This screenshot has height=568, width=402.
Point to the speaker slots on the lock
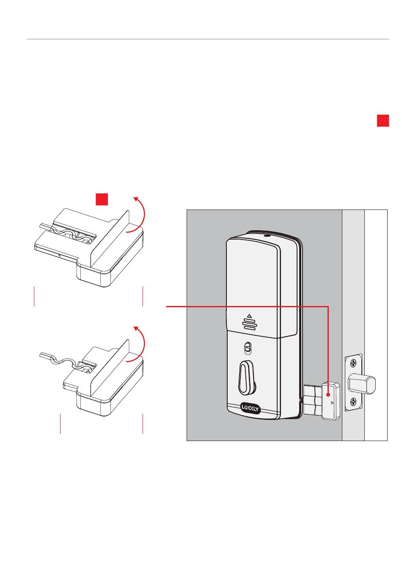249,324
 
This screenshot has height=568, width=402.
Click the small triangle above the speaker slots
249,316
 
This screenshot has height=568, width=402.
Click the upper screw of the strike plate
353,363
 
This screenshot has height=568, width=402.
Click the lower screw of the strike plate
353,401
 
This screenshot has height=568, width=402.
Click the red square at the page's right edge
383,121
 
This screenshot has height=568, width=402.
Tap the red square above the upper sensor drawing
102,199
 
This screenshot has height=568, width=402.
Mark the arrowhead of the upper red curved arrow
135,199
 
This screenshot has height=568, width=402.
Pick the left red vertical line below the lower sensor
61,423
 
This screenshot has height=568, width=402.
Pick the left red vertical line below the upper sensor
34,296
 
